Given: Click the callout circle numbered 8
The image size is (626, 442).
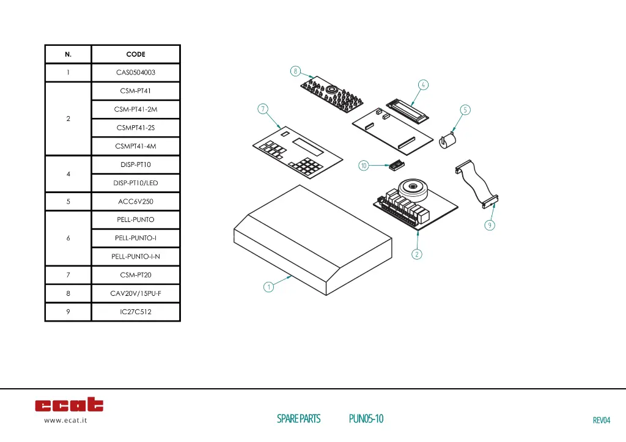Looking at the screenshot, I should pos(295,71).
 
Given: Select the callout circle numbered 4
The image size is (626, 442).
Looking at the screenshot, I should pos(424,84).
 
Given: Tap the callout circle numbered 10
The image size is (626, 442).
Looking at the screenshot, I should pos(363,166).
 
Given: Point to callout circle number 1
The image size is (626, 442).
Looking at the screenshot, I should pos(268,287).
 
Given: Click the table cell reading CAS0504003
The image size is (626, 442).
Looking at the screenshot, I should pos(136,73).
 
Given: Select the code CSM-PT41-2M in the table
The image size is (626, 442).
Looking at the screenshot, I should pos(136,109).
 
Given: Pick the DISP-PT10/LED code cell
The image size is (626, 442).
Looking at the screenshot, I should pos(136,183).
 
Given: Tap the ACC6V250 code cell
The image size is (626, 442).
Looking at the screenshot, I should pos(136,201).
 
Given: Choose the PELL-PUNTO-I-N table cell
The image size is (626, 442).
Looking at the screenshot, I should pos(136,256).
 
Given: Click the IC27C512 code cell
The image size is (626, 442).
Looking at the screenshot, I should pos(136,312).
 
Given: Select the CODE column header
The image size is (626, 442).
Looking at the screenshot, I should pos(136,54).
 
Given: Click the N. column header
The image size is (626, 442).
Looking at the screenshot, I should pos(68,54).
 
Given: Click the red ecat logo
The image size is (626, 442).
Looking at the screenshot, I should pos(69,405).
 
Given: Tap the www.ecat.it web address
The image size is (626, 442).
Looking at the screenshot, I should pos(65,421).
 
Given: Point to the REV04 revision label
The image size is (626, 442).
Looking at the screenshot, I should pos(602,420).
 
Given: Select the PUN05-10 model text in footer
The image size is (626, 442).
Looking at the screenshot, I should pos(366,419).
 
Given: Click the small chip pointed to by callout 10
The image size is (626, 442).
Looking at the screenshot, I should pos(396,164).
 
